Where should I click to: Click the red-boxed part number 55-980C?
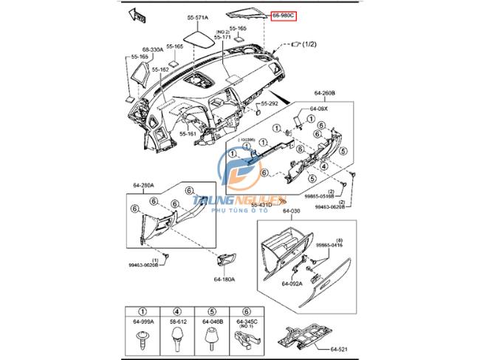coord(284,15)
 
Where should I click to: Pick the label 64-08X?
coord(319,109)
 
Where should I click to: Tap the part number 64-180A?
coord(224,279)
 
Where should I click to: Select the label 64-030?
coord(292,212)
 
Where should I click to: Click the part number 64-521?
coord(339,348)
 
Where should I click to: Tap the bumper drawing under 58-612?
coord(178,336)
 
